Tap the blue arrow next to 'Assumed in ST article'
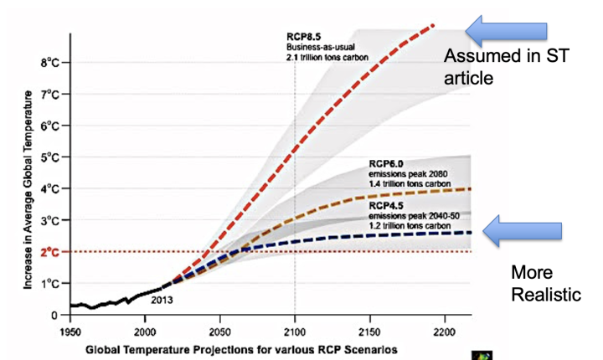[508, 30]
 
